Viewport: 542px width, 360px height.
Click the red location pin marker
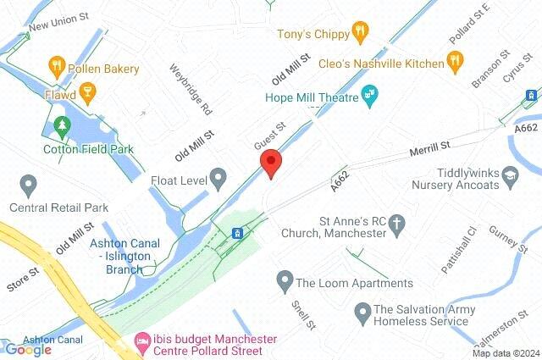tap(270, 163)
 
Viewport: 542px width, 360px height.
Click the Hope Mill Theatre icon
tap(369, 92)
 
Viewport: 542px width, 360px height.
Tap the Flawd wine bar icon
tap(86, 90)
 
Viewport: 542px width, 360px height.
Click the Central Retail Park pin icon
tap(28, 183)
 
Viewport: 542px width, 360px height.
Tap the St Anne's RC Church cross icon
tap(401, 222)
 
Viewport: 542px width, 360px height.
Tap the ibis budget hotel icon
tap(143, 344)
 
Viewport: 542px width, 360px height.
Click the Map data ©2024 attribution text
tap(506, 353)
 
